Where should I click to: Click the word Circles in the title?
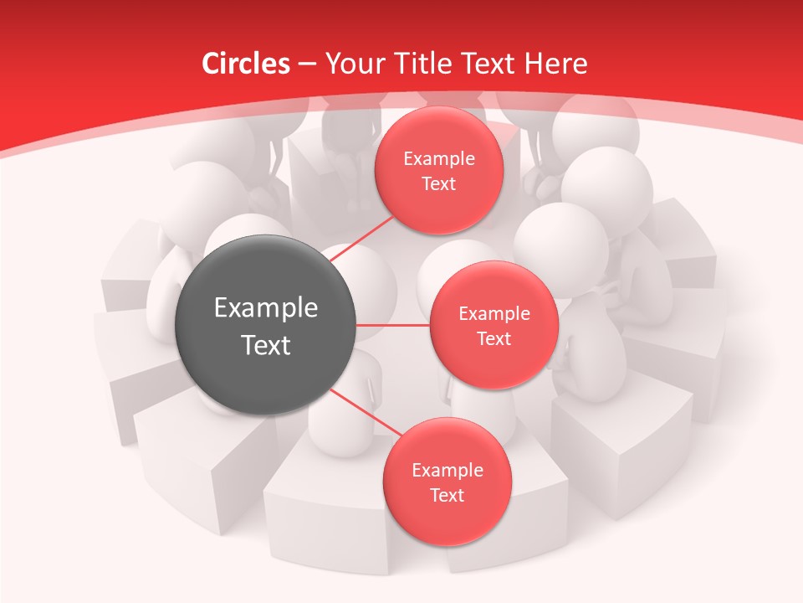click(x=245, y=63)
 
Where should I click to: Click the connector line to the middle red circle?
click(x=393, y=325)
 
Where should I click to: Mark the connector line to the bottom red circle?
click(x=366, y=412)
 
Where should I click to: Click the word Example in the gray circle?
click(x=266, y=308)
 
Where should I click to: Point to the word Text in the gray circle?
click(x=266, y=345)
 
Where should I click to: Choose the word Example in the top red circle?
click(x=439, y=159)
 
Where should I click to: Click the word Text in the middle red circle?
click(x=494, y=339)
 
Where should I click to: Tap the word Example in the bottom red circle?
click(x=447, y=471)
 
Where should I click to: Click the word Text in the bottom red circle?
click(x=447, y=496)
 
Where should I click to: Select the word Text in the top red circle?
click(x=439, y=184)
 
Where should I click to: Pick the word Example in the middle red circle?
click(x=494, y=314)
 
